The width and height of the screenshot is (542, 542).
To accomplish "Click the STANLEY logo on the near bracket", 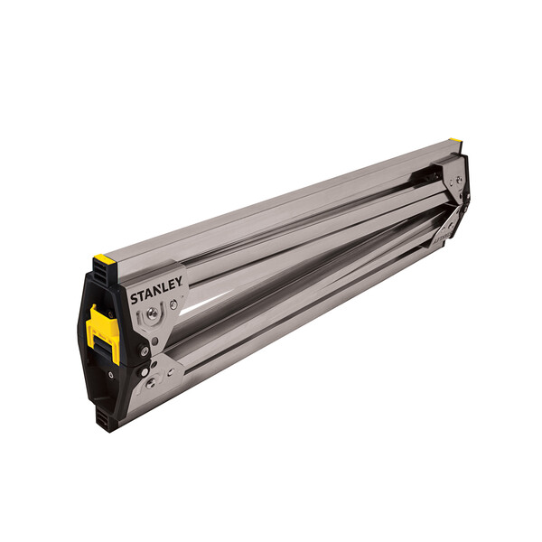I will (x=156, y=291).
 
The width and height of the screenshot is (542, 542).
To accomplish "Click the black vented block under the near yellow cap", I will (x=103, y=276).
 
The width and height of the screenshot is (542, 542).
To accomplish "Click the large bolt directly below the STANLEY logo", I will (x=153, y=313).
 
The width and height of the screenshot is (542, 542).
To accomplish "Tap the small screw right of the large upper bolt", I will (x=173, y=305).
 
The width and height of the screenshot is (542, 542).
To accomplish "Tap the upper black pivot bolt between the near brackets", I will (x=144, y=350).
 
